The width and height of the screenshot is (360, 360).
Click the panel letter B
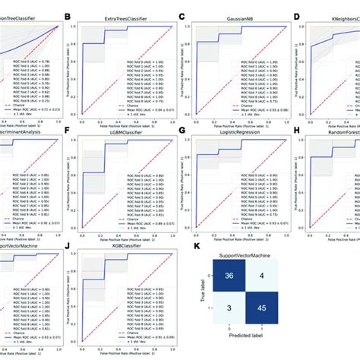coord(68,14)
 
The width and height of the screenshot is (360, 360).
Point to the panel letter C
coord(182,14)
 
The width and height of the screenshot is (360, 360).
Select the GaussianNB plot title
coord(229,14)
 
